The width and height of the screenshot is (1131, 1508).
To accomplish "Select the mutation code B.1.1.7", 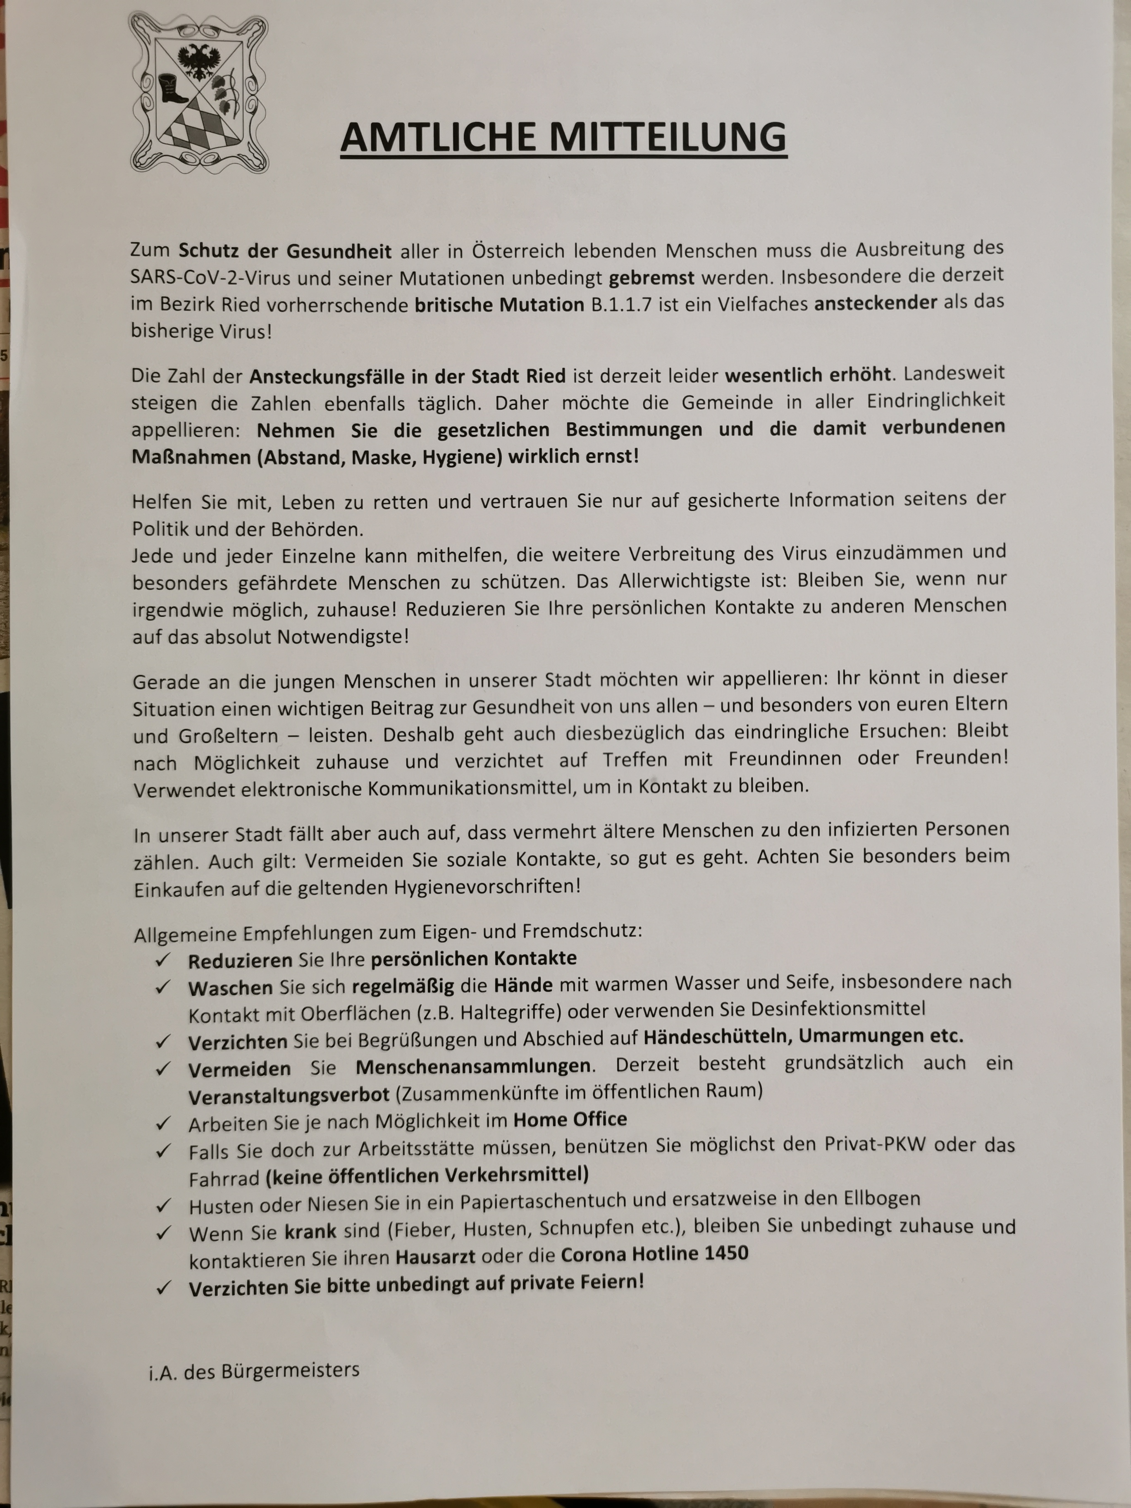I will [621, 303].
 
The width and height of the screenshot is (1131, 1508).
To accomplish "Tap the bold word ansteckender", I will [876, 302].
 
